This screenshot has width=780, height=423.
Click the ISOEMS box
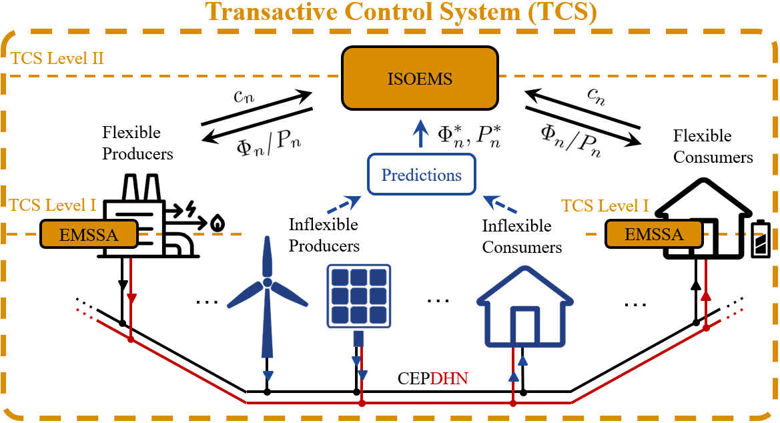pyautogui.click(x=420, y=78)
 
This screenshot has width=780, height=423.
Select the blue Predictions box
pyautogui.click(x=421, y=175)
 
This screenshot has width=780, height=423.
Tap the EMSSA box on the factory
pyautogui.click(x=89, y=234)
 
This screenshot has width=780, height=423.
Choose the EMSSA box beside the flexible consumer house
pyautogui.click(x=654, y=234)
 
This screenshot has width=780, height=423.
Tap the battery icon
pyautogui.click(x=760, y=239)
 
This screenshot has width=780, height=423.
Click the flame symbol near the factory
pyautogui.click(x=218, y=223)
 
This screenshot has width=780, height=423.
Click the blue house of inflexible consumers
pyautogui.click(x=525, y=306)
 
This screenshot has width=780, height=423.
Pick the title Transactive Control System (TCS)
pyautogui.click(x=401, y=12)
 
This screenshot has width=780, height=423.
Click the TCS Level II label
pyautogui.click(x=57, y=58)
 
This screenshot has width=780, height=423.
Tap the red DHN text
pyautogui.click(x=449, y=378)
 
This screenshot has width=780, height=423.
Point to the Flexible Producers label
pyautogui.click(x=137, y=143)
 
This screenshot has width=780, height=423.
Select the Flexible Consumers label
pyautogui.click(x=713, y=146)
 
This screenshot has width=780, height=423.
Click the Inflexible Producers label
pyautogui.click(x=324, y=235)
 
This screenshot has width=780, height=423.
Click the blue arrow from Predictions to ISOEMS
pyautogui.click(x=421, y=133)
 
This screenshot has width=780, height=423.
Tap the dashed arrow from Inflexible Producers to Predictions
pyautogui.click(x=344, y=205)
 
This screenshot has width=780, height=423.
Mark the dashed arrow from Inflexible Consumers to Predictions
pyautogui.click(x=500, y=204)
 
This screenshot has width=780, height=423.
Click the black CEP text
pyautogui.click(x=414, y=378)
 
